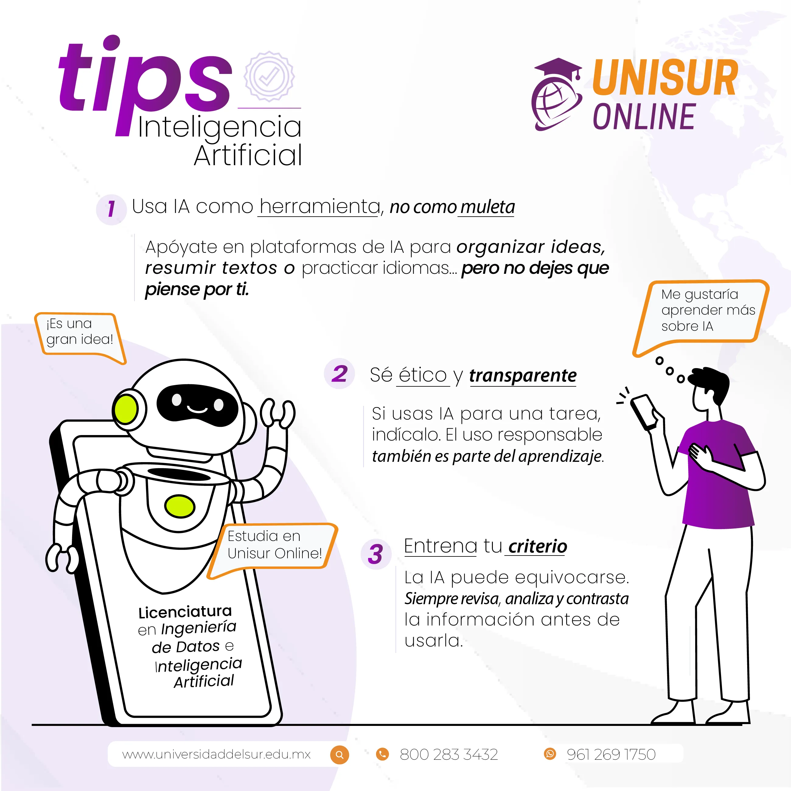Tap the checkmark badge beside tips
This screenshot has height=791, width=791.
click(x=269, y=77)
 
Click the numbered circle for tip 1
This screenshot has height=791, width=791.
click(x=111, y=209)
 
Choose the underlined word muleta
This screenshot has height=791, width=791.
click(x=487, y=207)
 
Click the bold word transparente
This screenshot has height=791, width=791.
click(x=523, y=376)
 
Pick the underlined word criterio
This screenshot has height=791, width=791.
click(x=538, y=547)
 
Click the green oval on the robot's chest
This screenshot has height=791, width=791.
click(x=179, y=506)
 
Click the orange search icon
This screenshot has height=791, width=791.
click(x=340, y=754)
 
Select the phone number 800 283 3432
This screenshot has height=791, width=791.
click(x=449, y=754)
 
